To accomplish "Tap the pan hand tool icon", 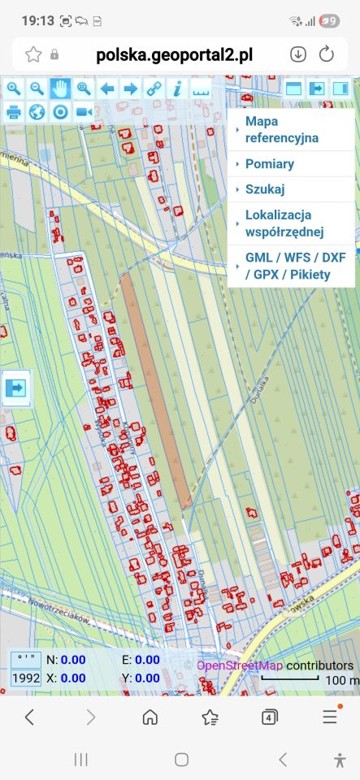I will click(60, 89).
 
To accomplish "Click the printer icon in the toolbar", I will click(14, 112).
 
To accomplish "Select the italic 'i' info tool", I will click(177, 89).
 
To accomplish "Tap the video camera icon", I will click(84, 112).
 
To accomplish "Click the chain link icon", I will click(154, 89).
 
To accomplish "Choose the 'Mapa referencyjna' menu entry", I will click(281, 129).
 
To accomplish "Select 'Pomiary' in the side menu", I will click(270, 164).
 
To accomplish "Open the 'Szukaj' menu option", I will click(265, 189).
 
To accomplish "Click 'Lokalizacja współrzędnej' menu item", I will click(284, 223).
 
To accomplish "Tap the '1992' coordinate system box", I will click(26, 678).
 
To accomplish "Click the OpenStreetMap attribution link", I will click(240, 665).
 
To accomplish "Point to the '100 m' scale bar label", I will click(341, 680).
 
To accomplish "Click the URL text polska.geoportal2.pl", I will click(174, 54).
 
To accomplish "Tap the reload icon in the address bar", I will click(327, 54).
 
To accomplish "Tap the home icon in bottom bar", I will click(150, 717).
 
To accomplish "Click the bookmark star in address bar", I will click(33, 54).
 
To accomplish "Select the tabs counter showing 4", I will click(270, 717).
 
